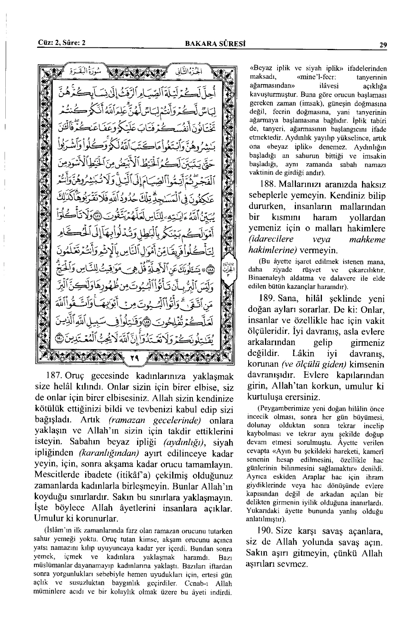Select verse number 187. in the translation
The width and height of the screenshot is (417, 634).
tap(54, 375)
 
